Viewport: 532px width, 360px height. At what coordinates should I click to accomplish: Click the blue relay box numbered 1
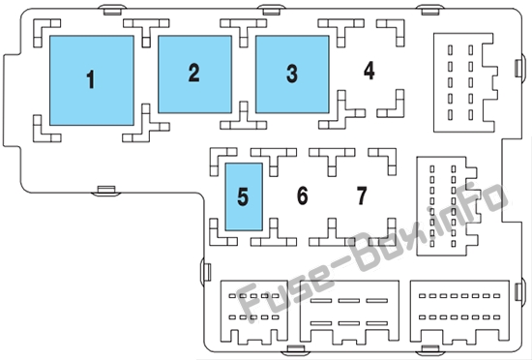tap(92, 80)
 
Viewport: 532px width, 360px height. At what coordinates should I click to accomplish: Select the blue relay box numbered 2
tap(194, 75)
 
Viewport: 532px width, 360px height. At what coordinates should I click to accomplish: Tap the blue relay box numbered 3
tap(292, 75)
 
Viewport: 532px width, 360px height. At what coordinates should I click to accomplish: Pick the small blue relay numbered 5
tap(244, 196)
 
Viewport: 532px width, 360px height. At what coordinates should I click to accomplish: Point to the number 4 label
tap(369, 71)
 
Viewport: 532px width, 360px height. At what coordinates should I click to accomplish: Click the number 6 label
tap(303, 195)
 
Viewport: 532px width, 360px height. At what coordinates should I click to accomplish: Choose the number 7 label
tap(362, 195)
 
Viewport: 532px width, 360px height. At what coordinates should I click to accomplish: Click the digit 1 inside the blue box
tap(90, 79)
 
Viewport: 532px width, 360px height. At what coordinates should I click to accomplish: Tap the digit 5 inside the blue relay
tap(243, 196)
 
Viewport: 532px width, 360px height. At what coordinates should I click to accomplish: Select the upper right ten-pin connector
tap(463, 82)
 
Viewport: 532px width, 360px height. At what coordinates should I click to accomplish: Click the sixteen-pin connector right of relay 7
tap(447, 206)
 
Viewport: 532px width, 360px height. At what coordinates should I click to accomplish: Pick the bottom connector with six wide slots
tap(349, 313)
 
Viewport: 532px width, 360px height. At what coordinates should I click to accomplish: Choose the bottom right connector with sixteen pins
tap(459, 311)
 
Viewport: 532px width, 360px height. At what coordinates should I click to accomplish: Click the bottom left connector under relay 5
tap(254, 313)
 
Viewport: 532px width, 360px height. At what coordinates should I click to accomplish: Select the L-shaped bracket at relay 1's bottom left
tap(45, 130)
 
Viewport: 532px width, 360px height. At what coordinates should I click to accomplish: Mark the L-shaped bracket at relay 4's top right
tap(392, 32)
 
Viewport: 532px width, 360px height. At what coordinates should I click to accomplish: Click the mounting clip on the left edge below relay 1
tap(106, 190)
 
